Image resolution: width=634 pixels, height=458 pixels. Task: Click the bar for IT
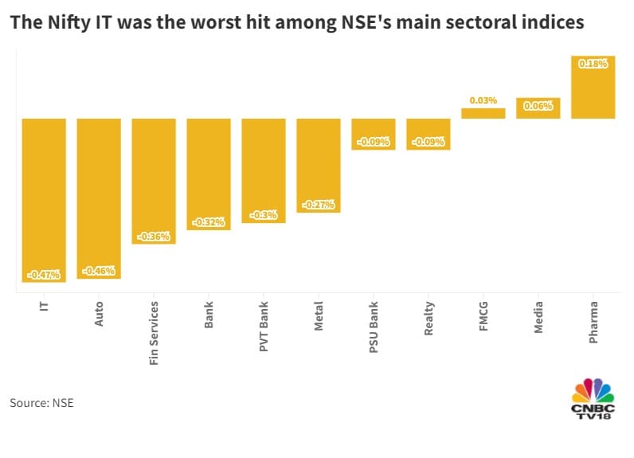[x=44, y=199]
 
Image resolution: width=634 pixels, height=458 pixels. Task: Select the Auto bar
[x=99, y=198]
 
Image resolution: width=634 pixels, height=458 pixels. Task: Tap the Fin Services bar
[x=154, y=181]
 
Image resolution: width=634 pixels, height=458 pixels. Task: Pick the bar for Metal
[x=319, y=165]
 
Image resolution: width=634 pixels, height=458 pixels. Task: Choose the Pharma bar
[x=593, y=87]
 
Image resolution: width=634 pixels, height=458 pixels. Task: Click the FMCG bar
[x=483, y=113]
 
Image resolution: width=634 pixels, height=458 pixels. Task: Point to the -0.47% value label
[x=44, y=275]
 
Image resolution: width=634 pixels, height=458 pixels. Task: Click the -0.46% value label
[x=99, y=271]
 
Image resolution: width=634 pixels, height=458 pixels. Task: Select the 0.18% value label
[x=593, y=64]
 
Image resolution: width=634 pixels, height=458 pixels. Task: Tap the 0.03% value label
[x=483, y=100]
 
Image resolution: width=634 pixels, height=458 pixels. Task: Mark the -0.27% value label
[x=319, y=205]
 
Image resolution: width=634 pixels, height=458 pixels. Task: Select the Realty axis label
[x=429, y=317]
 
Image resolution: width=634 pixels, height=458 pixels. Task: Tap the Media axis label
[x=538, y=316]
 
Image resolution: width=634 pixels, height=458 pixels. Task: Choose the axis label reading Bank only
[x=209, y=314]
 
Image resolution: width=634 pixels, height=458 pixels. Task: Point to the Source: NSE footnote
[x=41, y=403]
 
